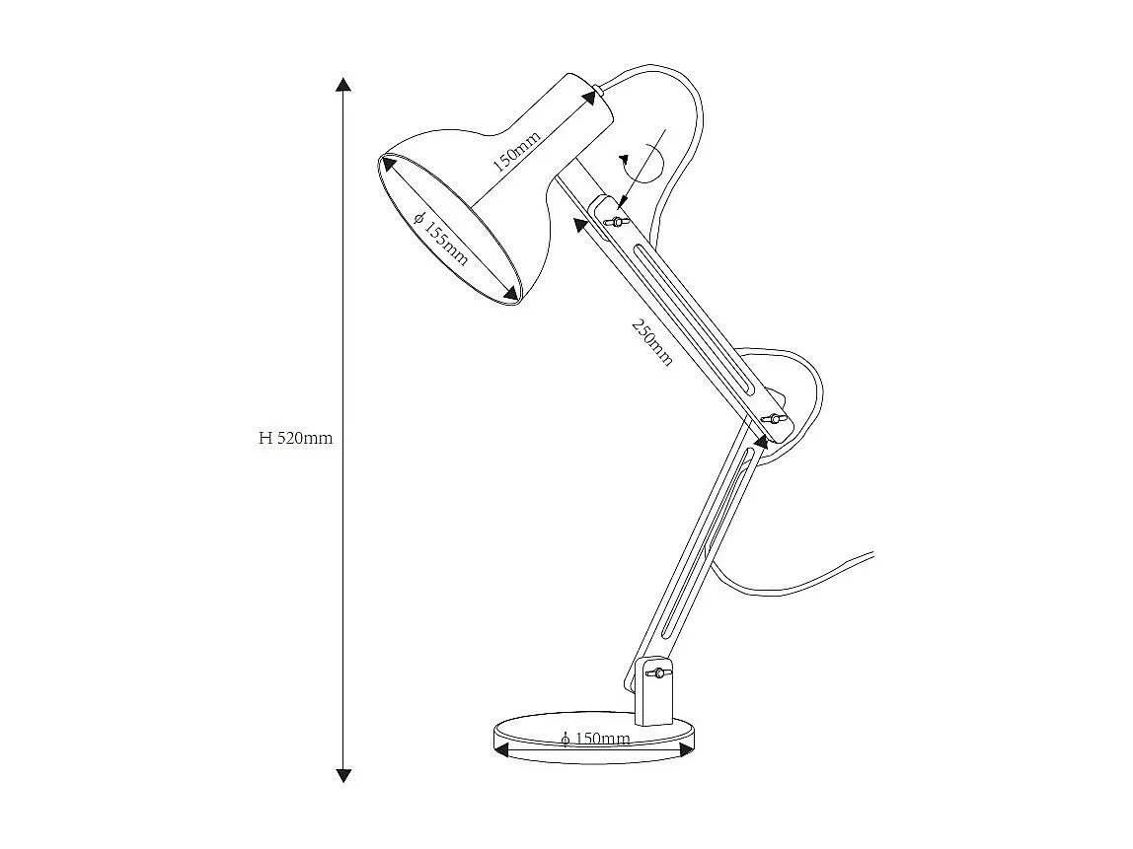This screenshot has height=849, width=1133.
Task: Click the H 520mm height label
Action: click(296, 439)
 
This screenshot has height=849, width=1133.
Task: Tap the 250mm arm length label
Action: click(652, 342)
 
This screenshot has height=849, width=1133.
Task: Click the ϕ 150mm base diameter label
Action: click(595, 739)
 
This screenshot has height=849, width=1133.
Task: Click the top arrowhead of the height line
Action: click(343, 84)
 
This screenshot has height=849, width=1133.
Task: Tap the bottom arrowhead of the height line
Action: click(343, 775)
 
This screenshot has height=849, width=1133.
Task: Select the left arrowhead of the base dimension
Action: click(500, 750)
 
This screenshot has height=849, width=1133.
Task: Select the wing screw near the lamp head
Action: click(617, 221)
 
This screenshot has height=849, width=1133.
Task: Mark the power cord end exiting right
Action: click(869, 555)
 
